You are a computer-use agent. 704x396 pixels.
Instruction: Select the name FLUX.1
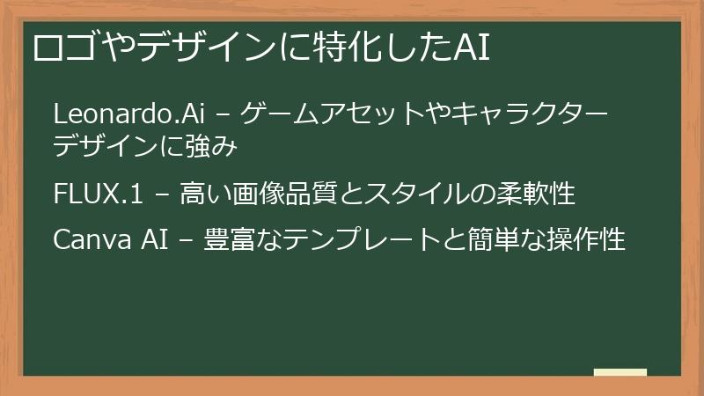(97, 193)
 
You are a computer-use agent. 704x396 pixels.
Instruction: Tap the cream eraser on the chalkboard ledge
(620, 372)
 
